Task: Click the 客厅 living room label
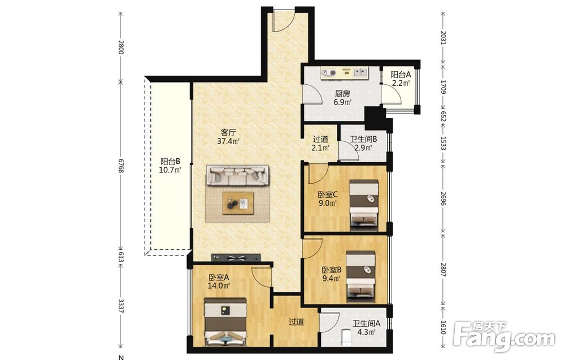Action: pos(228,132)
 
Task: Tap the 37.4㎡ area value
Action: pos(228,141)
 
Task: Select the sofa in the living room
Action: pos(237,176)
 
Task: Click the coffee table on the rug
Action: pos(238,203)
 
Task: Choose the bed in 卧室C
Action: pos(364,205)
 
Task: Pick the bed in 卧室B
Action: pos(360,276)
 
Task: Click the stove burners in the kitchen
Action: pos(329,73)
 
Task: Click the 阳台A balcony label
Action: pos(401,75)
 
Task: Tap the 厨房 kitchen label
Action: pos(342,94)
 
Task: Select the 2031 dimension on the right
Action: pos(443,37)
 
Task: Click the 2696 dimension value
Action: pos(443,198)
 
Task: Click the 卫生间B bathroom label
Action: pos(363,138)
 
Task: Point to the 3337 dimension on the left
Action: pos(121,306)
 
